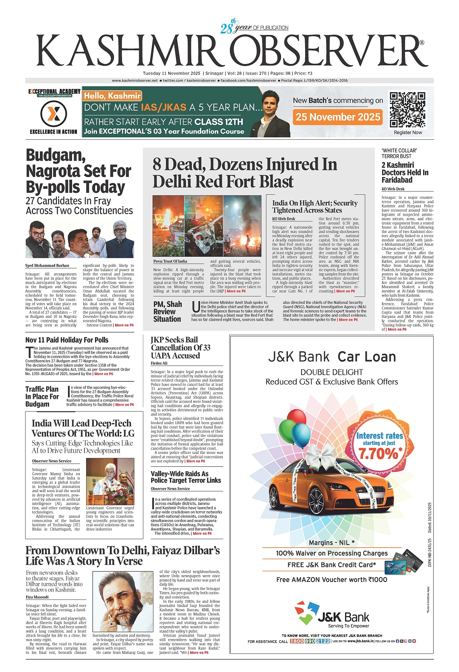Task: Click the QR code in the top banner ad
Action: point(407,109)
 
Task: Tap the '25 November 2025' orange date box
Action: point(338,117)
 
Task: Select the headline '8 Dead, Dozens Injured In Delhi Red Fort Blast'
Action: point(244,173)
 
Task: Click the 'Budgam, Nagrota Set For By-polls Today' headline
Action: point(78,171)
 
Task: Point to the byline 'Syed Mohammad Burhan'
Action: point(47,266)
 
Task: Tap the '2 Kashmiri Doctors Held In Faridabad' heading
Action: point(405,172)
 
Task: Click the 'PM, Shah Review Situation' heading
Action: point(167,312)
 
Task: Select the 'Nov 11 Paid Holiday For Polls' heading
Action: point(67,340)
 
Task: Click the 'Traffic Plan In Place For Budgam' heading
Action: point(42,396)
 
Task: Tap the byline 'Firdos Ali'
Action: point(159,363)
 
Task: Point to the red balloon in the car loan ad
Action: point(297,417)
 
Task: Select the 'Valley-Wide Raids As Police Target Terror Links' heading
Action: point(186,477)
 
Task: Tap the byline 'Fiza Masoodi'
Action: point(37,597)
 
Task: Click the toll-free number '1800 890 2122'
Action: point(310,641)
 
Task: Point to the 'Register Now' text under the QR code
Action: point(408,132)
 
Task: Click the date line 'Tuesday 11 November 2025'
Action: point(172,73)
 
